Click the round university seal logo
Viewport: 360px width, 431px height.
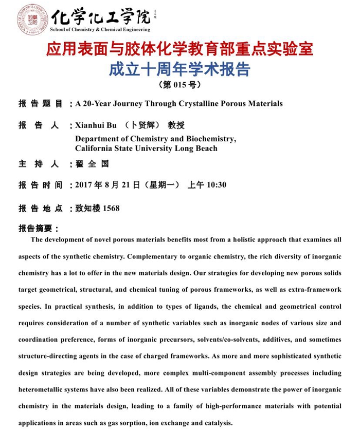[32, 19]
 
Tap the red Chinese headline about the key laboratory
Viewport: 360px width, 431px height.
[179, 50]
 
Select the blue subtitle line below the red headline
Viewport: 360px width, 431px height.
[179, 69]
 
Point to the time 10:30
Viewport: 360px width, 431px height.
[216, 185]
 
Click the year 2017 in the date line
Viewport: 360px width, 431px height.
[84, 185]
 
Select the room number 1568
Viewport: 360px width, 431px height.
[111, 208]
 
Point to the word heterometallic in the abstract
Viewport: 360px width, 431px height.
[43, 389]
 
